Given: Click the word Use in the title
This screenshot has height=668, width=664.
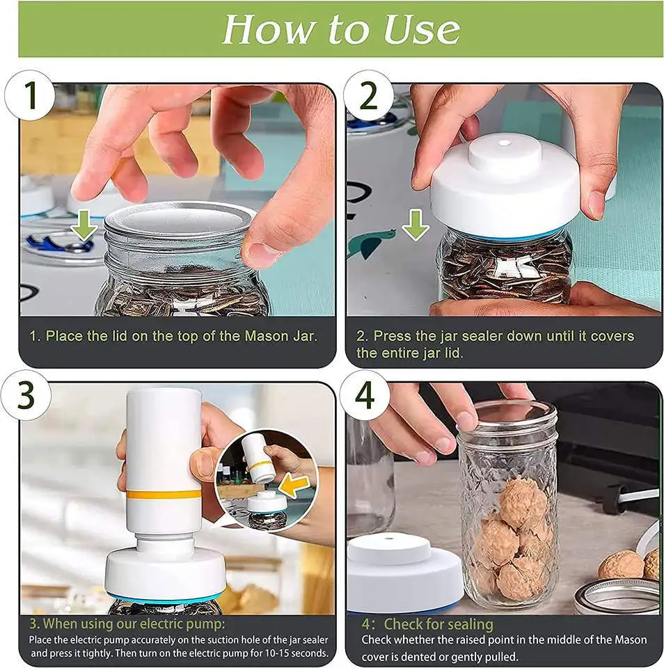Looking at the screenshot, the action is [422, 29].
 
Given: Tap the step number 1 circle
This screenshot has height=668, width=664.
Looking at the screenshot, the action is [30, 95].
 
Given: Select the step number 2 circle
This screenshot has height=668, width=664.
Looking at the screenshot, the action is [368, 95].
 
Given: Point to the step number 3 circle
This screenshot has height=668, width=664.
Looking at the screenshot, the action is [26, 395].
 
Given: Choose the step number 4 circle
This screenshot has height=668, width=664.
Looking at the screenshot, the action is [365, 395].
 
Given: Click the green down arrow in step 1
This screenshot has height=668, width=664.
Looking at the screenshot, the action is [84, 225].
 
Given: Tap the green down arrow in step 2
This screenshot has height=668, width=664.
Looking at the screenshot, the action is [416, 225].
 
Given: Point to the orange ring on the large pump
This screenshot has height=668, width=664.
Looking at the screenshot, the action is [164, 494].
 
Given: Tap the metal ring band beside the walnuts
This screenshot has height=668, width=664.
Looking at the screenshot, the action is [616, 596].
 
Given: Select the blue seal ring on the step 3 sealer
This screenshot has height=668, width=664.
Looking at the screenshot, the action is [166, 598].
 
